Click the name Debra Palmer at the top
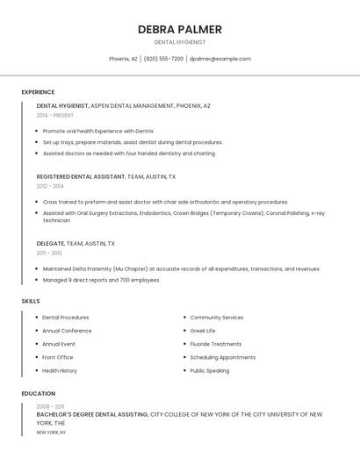179,29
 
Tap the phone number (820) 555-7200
163,59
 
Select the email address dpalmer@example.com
220,59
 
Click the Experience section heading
38,92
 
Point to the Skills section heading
31,301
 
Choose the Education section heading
38,394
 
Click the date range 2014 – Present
55,115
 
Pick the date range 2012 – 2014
50,186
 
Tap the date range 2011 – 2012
49,253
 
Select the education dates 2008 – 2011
50,406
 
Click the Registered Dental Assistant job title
81,176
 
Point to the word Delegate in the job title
51,243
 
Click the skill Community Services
217,318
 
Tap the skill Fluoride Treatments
216,344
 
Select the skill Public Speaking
210,370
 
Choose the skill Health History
60,370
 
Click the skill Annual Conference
67,331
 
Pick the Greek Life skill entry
203,331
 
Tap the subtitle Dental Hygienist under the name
179,42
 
